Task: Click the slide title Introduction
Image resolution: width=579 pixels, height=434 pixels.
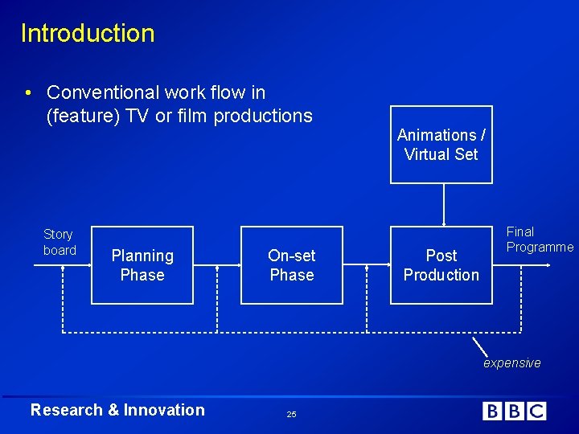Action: (87, 33)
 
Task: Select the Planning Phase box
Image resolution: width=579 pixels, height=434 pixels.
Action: (142, 265)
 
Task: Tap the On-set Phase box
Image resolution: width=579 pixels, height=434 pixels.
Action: (291, 265)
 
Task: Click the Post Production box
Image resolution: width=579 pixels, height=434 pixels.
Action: (441, 265)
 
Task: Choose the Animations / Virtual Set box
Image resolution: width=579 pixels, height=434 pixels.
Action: (441, 145)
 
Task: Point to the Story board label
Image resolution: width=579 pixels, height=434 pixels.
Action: (59, 242)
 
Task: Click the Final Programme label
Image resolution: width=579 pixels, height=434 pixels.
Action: (539, 240)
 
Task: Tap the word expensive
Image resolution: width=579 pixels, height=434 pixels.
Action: (511, 363)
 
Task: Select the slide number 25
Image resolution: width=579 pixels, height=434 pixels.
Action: (291, 414)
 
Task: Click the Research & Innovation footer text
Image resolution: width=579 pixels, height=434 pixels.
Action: (117, 410)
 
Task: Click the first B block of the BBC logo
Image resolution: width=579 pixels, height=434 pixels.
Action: (491, 411)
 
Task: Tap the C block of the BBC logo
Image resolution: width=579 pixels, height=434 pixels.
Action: (536, 411)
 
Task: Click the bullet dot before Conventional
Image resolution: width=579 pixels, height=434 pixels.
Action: (29, 93)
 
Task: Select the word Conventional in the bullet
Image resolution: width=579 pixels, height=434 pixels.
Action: (100, 93)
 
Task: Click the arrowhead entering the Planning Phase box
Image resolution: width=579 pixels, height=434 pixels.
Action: (88, 265)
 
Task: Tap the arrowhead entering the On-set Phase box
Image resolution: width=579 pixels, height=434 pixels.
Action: (238, 265)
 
